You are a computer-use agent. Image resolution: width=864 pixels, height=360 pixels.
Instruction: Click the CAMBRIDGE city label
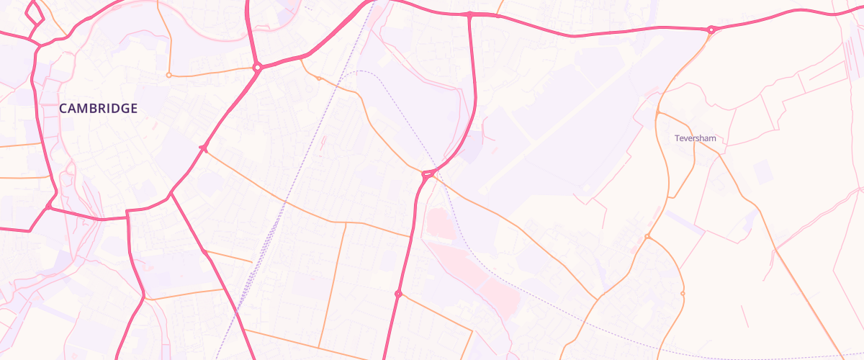click(x=98, y=109)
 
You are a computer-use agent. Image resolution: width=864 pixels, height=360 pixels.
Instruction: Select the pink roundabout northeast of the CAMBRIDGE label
click(x=257, y=68)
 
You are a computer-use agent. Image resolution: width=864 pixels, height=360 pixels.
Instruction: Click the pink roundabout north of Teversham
click(x=711, y=30)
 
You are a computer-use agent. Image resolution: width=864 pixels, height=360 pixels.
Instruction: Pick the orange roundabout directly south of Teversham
click(x=647, y=237)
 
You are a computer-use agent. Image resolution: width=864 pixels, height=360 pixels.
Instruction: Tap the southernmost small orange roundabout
click(x=683, y=294)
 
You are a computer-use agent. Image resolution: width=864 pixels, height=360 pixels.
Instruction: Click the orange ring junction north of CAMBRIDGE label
click(x=168, y=75)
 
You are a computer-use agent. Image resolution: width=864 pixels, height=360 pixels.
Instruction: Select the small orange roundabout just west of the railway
click(x=319, y=78)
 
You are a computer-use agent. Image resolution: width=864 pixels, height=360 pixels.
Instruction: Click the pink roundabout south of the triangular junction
click(x=398, y=294)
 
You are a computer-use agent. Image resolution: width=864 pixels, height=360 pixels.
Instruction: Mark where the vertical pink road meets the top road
click(x=469, y=14)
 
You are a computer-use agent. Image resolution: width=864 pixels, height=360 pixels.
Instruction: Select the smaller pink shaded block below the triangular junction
click(x=441, y=224)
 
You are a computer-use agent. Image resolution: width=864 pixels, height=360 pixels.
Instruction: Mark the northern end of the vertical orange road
click(x=346, y=223)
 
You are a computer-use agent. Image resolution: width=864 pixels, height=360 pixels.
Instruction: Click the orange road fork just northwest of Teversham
click(x=659, y=113)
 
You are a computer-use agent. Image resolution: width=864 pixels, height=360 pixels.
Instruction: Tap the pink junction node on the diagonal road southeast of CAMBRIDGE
click(x=204, y=148)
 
